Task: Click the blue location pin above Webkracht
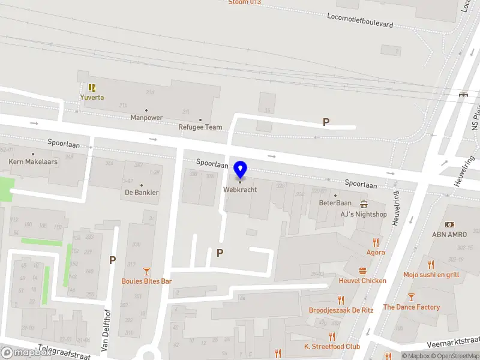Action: [x=240, y=169]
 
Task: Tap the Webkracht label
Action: [x=240, y=189]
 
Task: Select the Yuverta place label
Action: [x=92, y=97]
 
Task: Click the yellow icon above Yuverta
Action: [x=92, y=88]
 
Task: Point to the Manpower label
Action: [x=146, y=118]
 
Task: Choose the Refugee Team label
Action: [x=200, y=127]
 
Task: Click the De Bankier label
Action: [x=142, y=193]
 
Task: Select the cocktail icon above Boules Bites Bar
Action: [x=146, y=271]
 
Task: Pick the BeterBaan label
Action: [x=335, y=203]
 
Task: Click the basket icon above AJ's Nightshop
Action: [x=364, y=204]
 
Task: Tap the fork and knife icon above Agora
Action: [x=376, y=242]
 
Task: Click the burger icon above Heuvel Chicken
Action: [x=362, y=271]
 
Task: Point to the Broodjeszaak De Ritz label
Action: [x=341, y=310]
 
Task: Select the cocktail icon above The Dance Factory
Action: [x=411, y=297]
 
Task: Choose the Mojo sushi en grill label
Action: [x=431, y=275]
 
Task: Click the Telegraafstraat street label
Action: [x=63, y=352]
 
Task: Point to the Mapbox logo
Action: [x=26, y=353]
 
